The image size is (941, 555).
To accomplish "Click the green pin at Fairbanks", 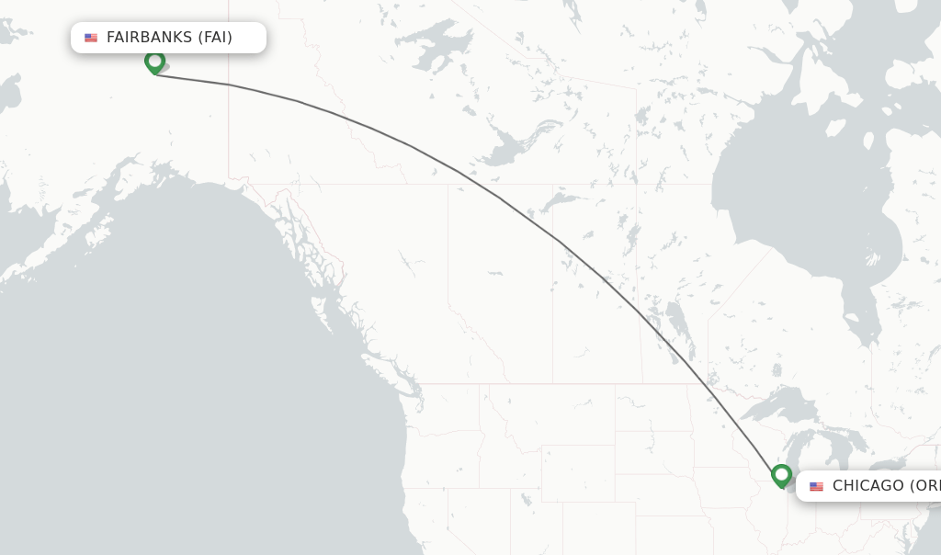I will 154,62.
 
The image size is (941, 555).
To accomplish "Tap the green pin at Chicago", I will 781,475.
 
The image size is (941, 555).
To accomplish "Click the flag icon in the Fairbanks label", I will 91,38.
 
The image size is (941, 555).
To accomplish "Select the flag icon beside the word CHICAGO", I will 816,486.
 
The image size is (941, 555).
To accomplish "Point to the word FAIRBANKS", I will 149,38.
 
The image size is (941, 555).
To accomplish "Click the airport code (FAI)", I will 215,38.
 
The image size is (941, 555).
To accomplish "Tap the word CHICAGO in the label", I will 868,486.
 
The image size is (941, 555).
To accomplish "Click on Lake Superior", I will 781,404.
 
